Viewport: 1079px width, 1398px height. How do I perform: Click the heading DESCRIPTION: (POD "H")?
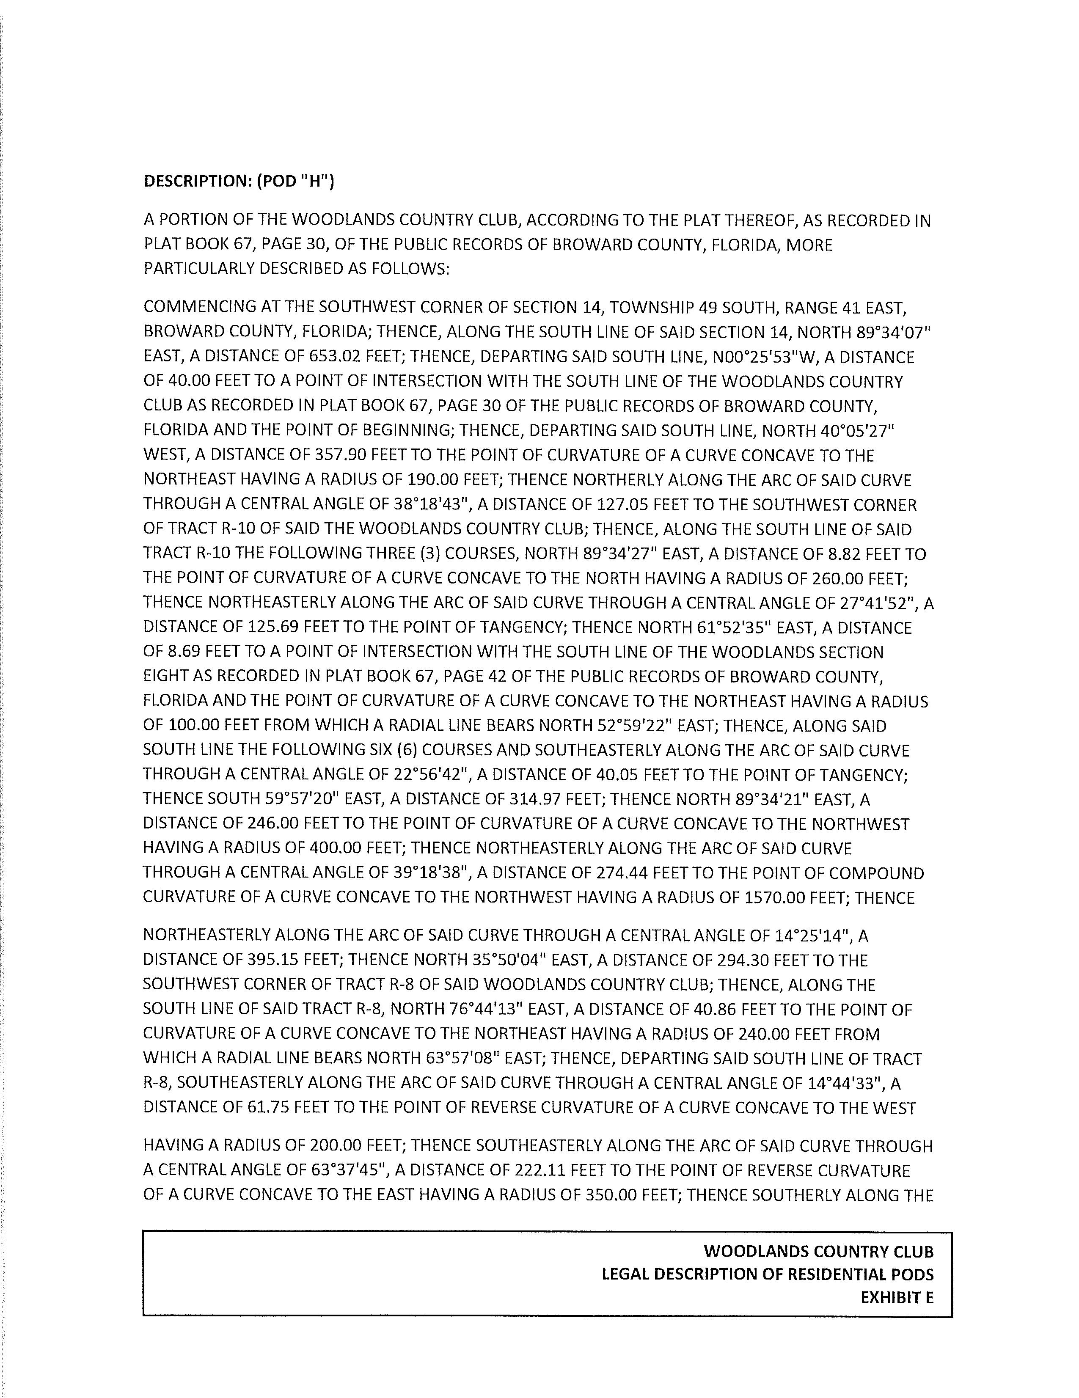coord(239,182)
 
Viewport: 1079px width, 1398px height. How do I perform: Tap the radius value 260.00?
coord(837,579)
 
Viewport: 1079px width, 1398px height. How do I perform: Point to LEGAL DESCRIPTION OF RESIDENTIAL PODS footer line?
coord(767,1274)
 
